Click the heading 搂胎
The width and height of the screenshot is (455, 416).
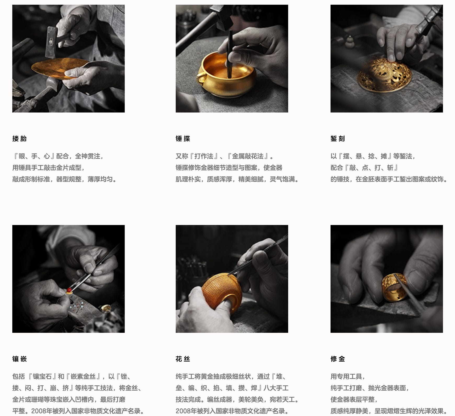pos(19,138)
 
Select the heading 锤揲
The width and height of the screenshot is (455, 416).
pos(183,138)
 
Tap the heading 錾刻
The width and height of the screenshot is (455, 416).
pos(338,138)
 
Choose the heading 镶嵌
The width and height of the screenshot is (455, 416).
pos(19,359)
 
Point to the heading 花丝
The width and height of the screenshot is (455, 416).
pos(183,359)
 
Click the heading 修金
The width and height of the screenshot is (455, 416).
pos(338,359)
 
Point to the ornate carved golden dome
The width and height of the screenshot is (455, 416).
pos(384,75)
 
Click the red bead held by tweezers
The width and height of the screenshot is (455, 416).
pos(69,290)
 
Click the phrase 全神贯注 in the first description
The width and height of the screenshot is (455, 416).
pos(88,156)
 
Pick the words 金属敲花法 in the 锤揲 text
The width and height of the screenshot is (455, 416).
pos(248,156)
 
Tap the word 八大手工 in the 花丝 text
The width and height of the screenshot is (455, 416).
pos(276,388)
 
